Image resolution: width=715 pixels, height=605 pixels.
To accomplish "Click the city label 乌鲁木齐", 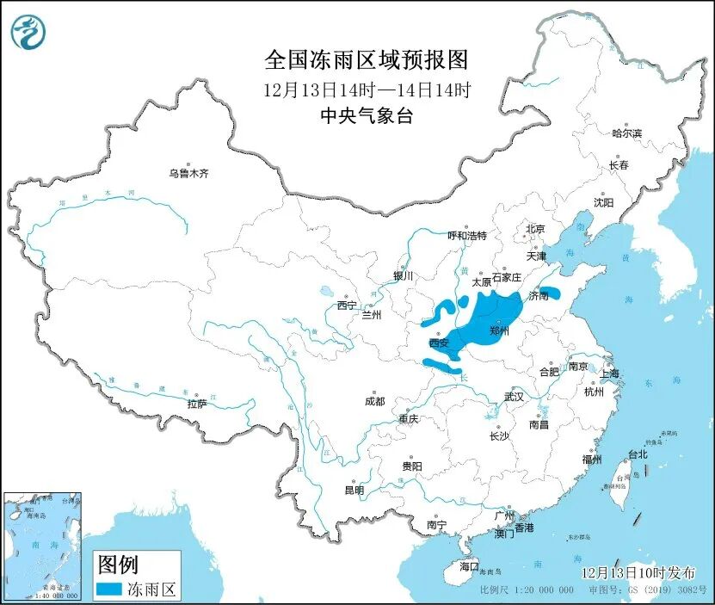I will point(188,174).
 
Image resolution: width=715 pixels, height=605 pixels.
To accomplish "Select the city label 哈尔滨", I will point(626,133).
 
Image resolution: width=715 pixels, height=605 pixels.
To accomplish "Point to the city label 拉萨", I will point(196,404).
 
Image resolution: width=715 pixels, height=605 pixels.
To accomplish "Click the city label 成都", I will point(374,401).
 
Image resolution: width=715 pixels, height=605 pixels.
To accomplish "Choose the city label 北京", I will point(535,229).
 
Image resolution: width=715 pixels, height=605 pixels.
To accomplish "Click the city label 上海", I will point(609,373).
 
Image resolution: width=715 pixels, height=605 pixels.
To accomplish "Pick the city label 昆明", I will point(354,490).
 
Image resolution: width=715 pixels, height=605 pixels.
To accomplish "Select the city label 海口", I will point(468,567).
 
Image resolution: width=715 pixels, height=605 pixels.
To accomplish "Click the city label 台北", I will point(638,454).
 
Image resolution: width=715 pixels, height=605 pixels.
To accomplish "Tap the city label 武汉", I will point(515,397).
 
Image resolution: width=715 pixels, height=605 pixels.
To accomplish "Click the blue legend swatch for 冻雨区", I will point(109,590).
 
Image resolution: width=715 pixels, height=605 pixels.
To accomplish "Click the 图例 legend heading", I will point(118,565).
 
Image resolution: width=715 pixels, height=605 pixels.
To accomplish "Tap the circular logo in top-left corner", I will point(26,32).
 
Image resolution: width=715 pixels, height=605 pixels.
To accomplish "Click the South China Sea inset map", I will point(43,546).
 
